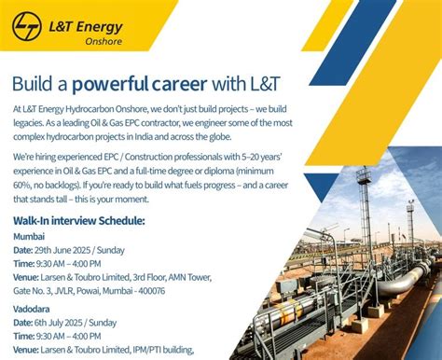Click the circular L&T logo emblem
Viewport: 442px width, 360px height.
coord(28,27)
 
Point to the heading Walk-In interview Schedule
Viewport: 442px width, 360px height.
coord(79,221)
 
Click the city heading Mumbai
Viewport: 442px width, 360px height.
coord(29,237)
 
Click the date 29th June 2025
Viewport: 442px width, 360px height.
coord(71,251)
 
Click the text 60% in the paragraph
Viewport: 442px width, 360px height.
coord(23,186)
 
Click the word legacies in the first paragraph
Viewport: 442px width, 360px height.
coord(33,122)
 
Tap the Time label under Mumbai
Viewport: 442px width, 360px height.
coord(23,264)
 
